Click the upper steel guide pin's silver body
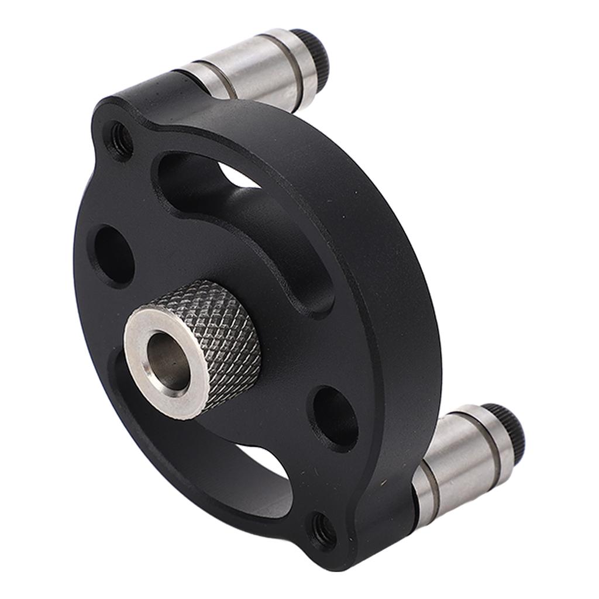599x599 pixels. click(252, 68)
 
